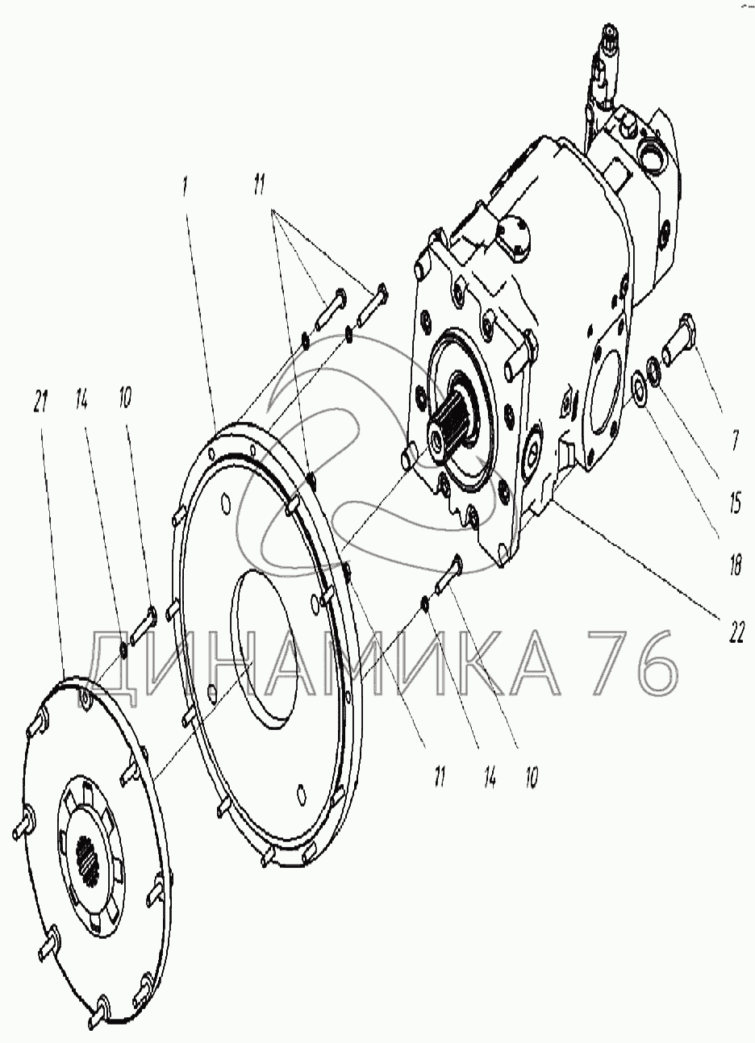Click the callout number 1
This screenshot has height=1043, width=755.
[186, 187]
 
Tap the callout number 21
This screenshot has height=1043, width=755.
[41, 401]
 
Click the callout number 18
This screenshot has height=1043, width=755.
[735, 566]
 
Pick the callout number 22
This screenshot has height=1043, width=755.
[736, 633]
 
